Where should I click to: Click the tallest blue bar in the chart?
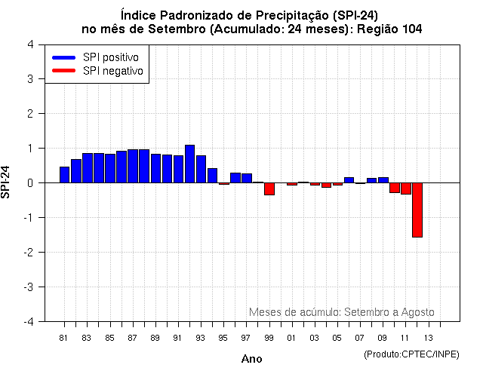pyautogui.click(x=189, y=164)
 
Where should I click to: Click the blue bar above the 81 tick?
pyautogui.click(x=65, y=175)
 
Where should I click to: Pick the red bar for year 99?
pyautogui.click(x=269, y=188)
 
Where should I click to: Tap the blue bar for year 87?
pyautogui.click(x=133, y=166)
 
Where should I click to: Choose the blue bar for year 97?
pyautogui.click(x=247, y=178)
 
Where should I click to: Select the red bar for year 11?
pyautogui.click(x=405, y=188)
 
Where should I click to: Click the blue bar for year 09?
pyautogui.click(x=383, y=180)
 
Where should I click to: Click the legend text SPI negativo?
pyautogui.click(x=113, y=71)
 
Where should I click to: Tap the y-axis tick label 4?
pyautogui.click(x=29, y=44)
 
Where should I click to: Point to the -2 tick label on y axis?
pyautogui.click(x=27, y=253)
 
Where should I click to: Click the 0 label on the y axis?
pyautogui.click(x=29, y=183)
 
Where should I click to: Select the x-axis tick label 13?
pyautogui.click(x=428, y=337)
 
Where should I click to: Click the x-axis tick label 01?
pyautogui.click(x=291, y=337)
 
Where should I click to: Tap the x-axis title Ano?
pyautogui.click(x=251, y=359)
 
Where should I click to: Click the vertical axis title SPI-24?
pyautogui.click(x=7, y=182)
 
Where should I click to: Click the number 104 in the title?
pyautogui.click(x=407, y=28)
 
